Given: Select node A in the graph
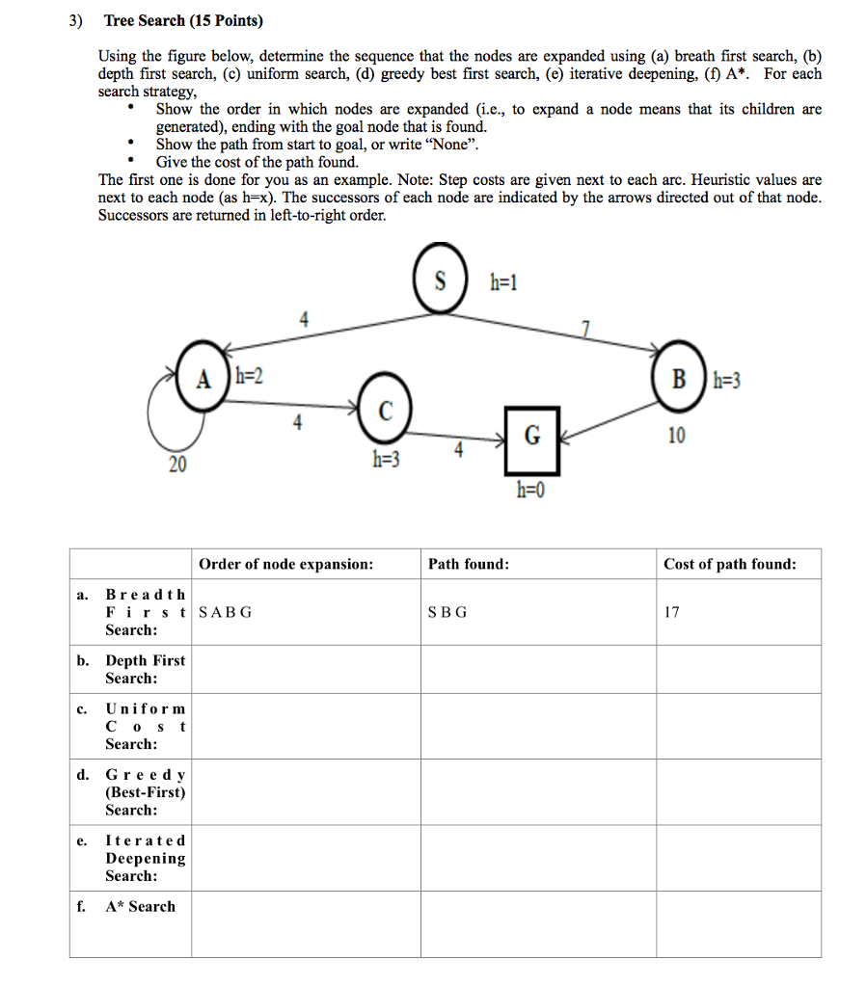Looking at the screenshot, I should [203, 379].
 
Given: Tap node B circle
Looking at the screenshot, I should [679, 379].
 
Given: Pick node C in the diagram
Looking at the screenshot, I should [386, 411].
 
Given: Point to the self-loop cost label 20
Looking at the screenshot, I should [177, 465].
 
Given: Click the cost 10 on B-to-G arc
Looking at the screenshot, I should [676, 436].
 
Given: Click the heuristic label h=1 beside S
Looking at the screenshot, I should [504, 282].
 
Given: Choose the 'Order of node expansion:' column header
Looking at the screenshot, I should [285, 564].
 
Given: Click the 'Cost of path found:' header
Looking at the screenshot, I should [729, 564].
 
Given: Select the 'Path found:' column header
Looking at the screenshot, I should [469, 564].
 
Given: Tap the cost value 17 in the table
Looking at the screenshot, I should [672, 612].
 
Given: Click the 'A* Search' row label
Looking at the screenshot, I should [140, 906].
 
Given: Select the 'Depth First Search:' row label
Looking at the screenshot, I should [145, 669].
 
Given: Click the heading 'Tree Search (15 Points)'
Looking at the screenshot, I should [183, 20].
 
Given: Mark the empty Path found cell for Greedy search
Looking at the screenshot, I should [537, 791].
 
